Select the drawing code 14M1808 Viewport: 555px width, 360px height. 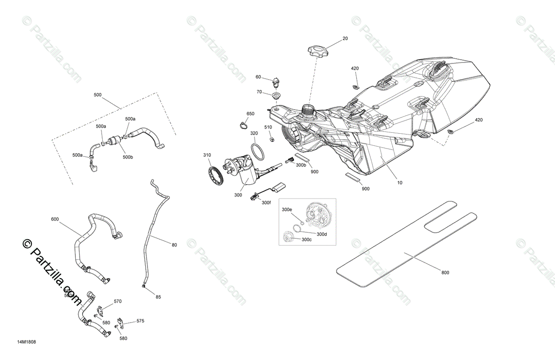[x=26, y=343]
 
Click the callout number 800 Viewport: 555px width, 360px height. [x=445, y=273]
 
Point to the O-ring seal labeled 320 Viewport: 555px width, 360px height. [x=258, y=151]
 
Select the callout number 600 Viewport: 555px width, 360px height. [x=55, y=218]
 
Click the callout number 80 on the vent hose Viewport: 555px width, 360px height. [x=174, y=245]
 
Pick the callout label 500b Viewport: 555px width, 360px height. [x=128, y=157]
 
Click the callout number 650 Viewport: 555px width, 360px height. [x=250, y=114]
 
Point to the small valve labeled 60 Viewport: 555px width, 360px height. [x=277, y=81]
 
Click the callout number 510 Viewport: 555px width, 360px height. [x=268, y=127]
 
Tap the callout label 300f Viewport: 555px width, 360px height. [x=266, y=203]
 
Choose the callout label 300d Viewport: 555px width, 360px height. [x=322, y=234]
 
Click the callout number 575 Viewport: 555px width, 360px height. [x=140, y=320]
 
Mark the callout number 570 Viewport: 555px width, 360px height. [x=117, y=301]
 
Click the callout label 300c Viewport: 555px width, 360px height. [x=307, y=240]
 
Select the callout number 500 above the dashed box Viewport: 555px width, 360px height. [x=98, y=95]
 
